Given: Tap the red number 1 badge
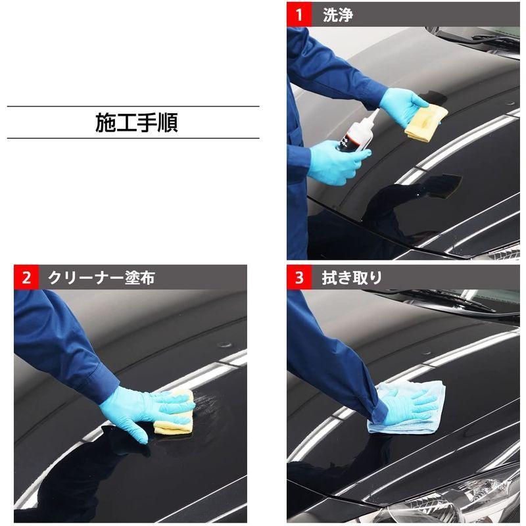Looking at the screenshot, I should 299,14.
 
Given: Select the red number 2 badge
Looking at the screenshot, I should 26,277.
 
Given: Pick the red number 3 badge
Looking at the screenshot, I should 299,277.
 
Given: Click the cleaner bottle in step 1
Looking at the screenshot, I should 355,134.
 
